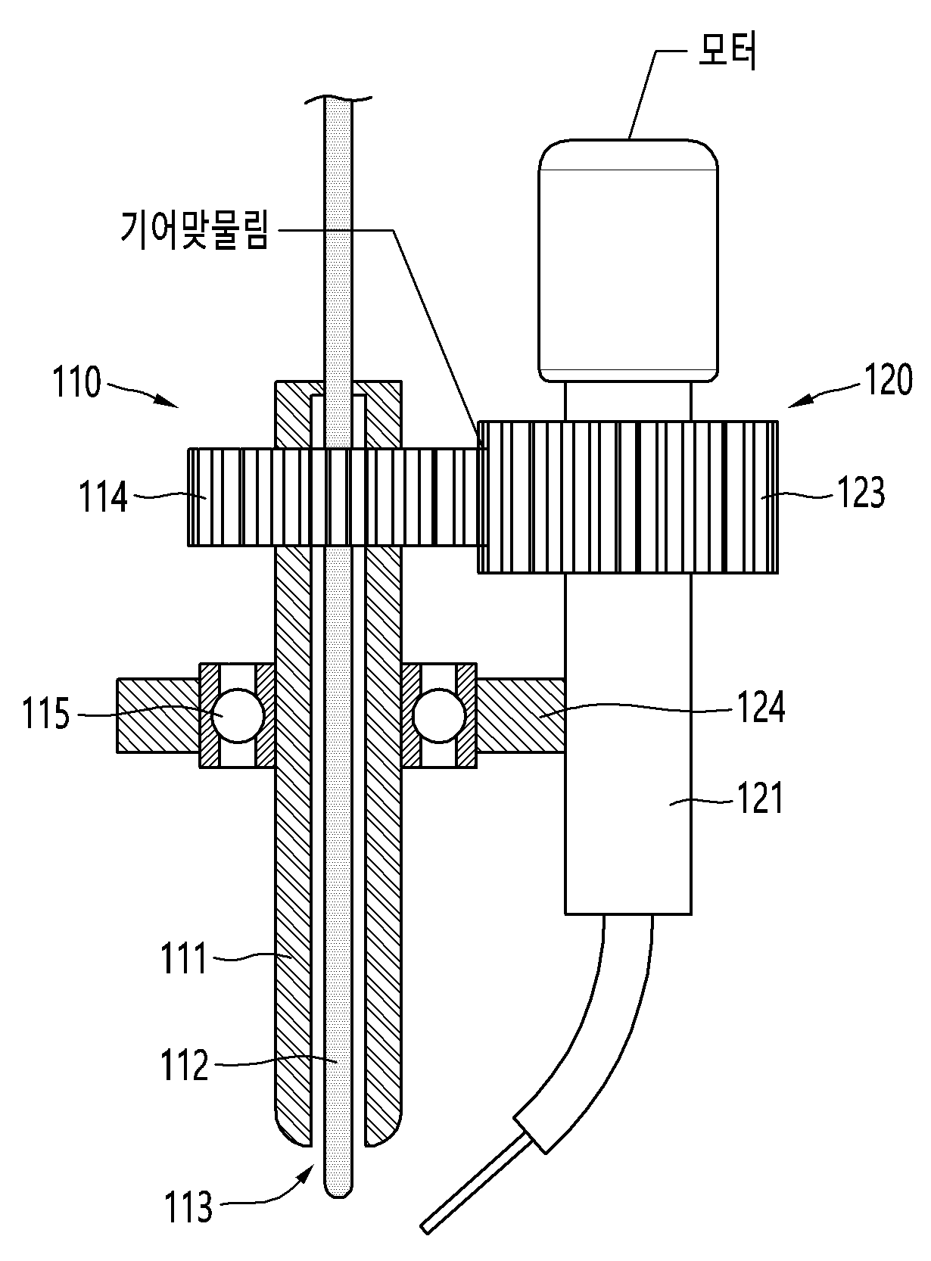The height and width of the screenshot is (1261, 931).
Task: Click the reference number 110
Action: tap(76, 382)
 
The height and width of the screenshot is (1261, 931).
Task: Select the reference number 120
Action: tap(889, 379)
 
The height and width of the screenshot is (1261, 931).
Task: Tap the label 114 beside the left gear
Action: tap(103, 497)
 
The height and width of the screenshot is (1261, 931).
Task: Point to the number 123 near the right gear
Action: tap(861, 492)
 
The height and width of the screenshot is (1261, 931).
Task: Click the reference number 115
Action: tap(46, 714)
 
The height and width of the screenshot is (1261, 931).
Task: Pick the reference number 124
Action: tap(761, 707)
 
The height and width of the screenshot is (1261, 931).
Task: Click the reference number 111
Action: tap(184, 958)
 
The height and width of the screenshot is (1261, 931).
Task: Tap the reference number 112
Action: tap(185, 1065)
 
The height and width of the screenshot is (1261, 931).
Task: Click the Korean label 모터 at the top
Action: tap(727, 54)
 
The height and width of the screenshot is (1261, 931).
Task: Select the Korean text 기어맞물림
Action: tap(195, 229)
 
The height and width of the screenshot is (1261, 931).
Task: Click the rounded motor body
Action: tap(628, 260)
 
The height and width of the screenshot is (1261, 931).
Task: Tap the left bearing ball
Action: tap(238, 716)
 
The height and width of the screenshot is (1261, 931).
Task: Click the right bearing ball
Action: tap(440, 716)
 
